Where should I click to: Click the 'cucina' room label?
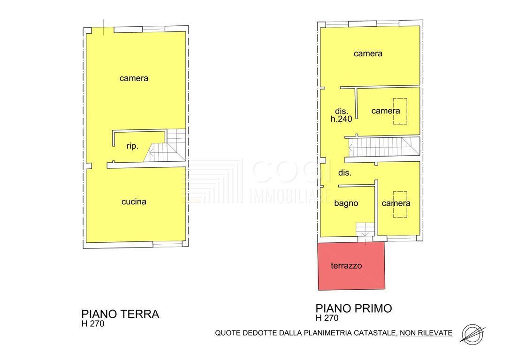pos(134,202)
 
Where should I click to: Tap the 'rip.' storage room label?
pos(132,146)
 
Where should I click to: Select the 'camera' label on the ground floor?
pos(134,78)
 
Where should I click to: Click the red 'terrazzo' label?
pos(346,266)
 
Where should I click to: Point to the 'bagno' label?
pos(346,204)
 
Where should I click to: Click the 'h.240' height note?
pos(341,119)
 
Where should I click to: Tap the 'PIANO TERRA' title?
pos(120,314)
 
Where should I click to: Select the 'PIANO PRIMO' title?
pos(354,308)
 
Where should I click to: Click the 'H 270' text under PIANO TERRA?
pos(93,323)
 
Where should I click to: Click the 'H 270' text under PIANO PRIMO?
pos(327,318)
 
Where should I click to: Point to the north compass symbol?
pos(472,334)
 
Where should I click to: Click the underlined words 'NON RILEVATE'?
pos(426,333)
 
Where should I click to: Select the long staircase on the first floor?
pos(384,147)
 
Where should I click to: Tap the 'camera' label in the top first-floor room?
pos(368,53)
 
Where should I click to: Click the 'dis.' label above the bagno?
pos(345,173)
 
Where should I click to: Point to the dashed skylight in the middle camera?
pos(400,111)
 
